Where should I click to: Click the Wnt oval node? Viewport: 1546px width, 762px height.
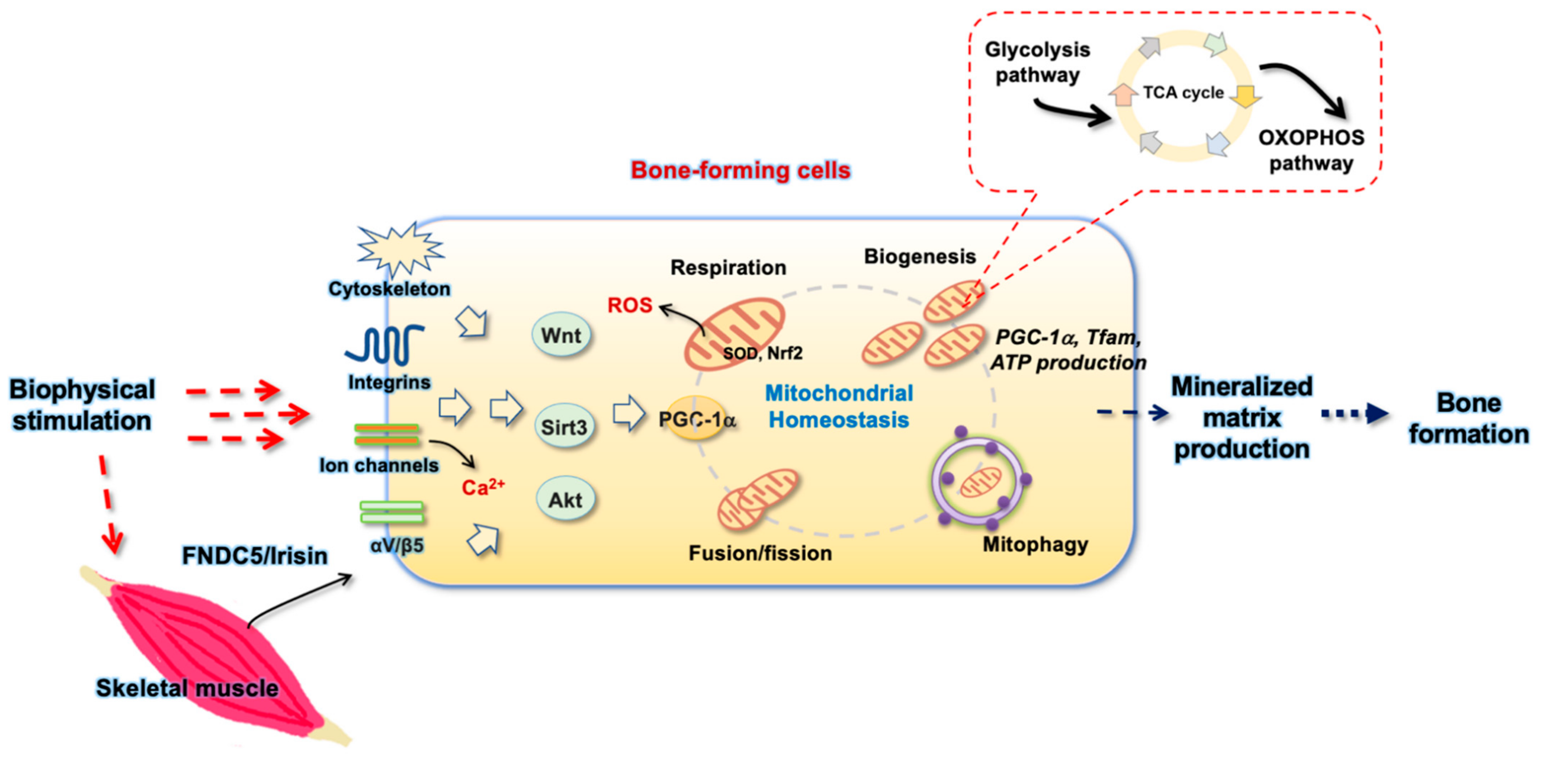pyautogui.click(x=561, y=335)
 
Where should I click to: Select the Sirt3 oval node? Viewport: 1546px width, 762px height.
pyautogui.click(x=564, y=427)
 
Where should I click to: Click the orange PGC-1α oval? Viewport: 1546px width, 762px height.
pyautogui.click(x=696, y=419)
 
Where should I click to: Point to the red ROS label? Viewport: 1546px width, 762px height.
pyautogui.click(x=630, y=305)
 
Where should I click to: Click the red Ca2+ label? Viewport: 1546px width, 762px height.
pyautogui.click(x=483, y=486)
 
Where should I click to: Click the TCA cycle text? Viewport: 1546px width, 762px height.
pyautogui.click(x=1183, y=93)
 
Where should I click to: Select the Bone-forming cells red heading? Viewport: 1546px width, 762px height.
pyautogui.click(x=740, y=170)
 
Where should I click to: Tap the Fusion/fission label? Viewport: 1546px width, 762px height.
pyautogui.click(x=760, y=553)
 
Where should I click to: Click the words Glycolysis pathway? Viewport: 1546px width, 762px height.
pyautogui.click(x=1037, y=62)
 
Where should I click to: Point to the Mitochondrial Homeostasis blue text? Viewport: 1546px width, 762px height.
pyautogui.click(x=839, y=406)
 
